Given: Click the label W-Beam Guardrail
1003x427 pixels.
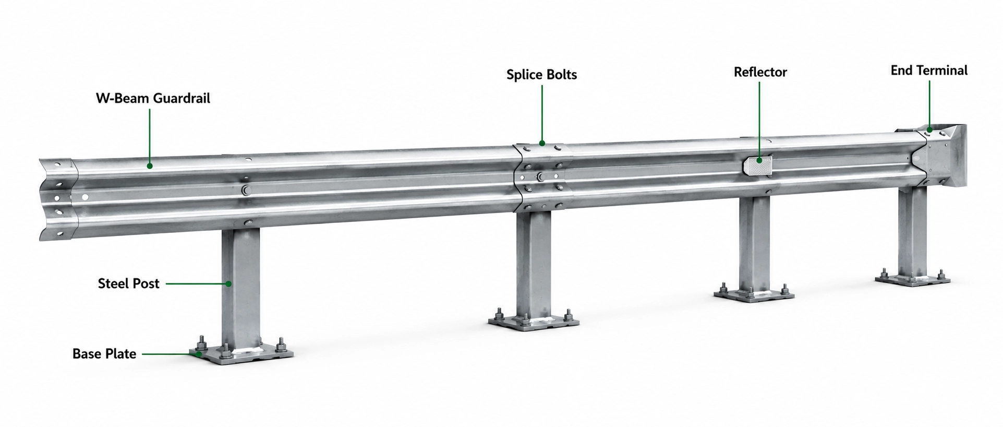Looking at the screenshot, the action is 153,98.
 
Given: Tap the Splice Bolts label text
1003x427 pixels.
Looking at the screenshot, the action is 541,75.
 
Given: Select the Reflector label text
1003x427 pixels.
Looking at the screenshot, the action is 760,72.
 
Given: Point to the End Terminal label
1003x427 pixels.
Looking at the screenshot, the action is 929,70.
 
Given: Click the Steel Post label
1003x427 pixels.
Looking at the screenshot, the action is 128,283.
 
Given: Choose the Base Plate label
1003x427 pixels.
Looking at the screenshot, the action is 104,354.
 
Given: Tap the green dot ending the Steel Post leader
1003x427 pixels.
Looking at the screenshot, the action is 228,283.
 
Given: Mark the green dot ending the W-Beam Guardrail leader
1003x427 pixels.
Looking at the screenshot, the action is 150,166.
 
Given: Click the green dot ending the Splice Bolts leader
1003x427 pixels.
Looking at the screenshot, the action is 542,143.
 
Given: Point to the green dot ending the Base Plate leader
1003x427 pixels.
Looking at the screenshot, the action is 199,354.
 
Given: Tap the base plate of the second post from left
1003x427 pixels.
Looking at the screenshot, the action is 534,319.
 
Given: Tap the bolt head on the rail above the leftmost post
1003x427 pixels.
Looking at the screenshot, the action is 246,189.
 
